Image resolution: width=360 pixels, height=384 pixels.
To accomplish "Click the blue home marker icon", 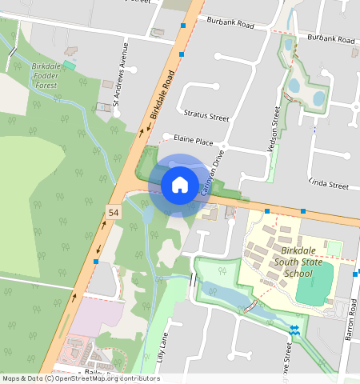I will pyautogui.click(x=180, y=185).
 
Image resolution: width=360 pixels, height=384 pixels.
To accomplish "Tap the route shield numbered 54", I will pyautogui.click(x=114, y=211).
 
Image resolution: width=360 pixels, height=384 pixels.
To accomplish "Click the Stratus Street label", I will pyautogui.click(x=206, y=116).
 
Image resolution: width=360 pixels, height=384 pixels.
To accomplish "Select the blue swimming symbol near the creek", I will pyautogui.click(x=294, y=330).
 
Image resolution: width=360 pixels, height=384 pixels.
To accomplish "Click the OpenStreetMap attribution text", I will pyautogui.click(x=81, y=378).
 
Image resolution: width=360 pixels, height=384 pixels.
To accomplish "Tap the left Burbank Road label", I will pyautogui.click(x=230, y=25).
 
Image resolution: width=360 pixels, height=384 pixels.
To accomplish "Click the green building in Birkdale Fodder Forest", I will pyautogui.click(x=70, y=65).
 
